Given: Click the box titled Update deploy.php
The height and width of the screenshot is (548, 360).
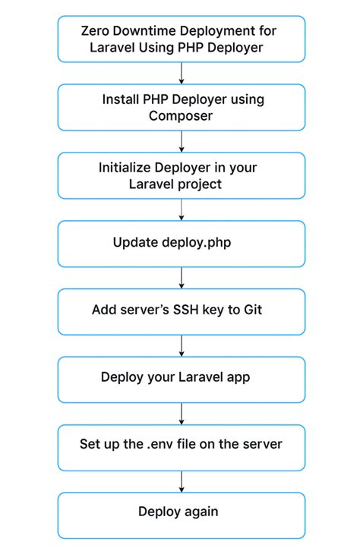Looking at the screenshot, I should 181,244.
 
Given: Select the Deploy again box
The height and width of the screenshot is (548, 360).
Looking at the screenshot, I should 181,515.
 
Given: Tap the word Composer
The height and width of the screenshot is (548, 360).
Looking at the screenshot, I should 181,116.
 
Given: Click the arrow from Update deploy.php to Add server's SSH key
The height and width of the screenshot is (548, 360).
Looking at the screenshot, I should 182,278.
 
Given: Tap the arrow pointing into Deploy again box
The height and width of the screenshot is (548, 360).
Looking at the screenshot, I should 182,481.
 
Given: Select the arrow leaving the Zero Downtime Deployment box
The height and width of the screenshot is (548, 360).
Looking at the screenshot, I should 182,74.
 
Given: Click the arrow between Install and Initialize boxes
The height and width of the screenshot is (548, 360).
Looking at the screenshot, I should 182,141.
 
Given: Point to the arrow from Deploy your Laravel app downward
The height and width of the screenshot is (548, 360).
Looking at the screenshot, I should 182,414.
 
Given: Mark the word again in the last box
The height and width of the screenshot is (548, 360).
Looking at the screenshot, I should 205,512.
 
